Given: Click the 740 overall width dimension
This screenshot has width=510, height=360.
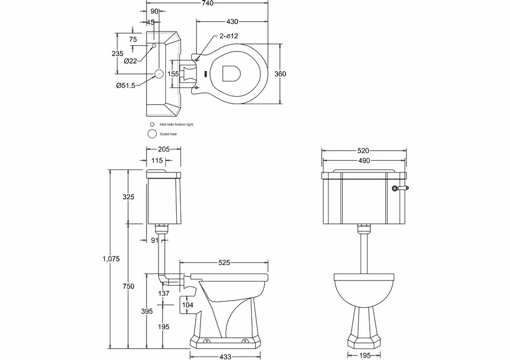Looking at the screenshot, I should click(207, 3).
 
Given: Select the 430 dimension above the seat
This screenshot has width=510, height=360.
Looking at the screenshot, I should click(232, 22).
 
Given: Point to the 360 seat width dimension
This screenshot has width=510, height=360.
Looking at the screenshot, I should click(280, 74).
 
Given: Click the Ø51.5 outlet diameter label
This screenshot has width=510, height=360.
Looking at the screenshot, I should click(125, 86).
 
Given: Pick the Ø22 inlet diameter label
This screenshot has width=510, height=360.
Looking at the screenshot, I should click(130, 61).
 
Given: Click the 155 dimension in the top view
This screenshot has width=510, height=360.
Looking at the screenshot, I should click(174, 74).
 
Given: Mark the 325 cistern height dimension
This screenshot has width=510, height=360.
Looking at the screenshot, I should click(128, 197).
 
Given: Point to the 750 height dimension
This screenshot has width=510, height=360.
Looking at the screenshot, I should click(128, 286).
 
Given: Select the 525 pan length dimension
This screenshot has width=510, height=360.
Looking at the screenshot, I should click(224, 263).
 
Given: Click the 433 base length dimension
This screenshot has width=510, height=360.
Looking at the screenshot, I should click(225, 357).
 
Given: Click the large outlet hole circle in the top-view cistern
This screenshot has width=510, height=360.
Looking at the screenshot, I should click(159, 74).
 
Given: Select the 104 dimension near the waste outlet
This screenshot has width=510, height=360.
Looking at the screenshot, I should click(188, 306).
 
